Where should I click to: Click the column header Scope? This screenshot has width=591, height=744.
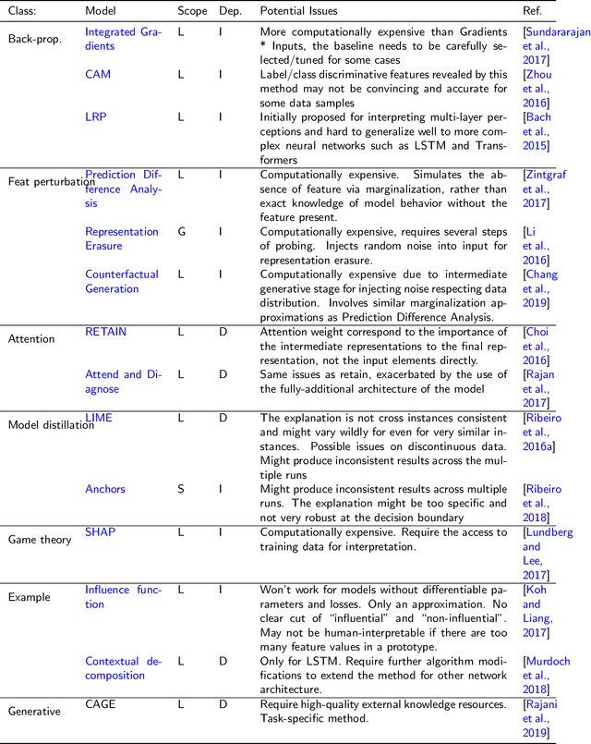pos(192,11)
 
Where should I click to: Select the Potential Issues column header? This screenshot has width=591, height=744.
pos(298,11)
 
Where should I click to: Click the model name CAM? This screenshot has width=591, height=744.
pos(98,74)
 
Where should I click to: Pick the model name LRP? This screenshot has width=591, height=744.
pos(96,116)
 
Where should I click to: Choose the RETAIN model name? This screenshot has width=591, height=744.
pos(106,331)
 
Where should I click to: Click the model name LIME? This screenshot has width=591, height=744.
pos(99,418)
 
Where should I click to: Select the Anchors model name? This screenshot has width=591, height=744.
pos(105,489)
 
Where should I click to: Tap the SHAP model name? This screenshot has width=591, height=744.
pos(101,532)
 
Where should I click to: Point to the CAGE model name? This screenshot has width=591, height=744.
pos(101,704)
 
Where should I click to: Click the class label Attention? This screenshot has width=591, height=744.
pos(31,339)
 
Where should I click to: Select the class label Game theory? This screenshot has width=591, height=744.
pos(40,540)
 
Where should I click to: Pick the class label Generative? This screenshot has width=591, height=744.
pos(35,712)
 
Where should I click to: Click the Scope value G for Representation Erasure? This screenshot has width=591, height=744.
pos(181,231)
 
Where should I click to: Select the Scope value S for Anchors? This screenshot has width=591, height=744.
pos(180,489)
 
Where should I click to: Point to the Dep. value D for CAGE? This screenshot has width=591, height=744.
pos(222,704)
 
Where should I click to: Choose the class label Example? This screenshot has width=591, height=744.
pos(30,597)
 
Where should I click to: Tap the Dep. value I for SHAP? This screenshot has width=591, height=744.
pos(221,532)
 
